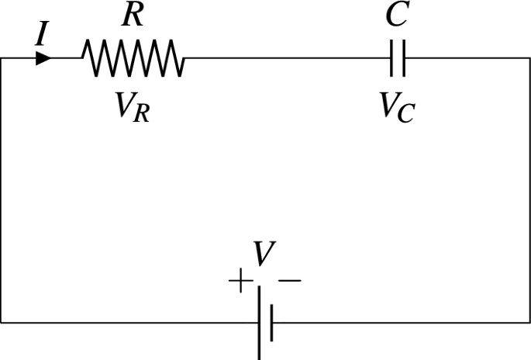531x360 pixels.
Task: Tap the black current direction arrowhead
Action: tap(43, 58)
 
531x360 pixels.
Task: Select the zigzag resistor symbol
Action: tap(133, 59)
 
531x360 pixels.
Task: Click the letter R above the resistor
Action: tap(133, 16)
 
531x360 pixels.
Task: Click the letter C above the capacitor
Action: tap(397, 16)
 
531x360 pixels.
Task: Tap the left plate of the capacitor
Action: tap(392, 59)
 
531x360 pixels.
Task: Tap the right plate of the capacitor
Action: tap(403, 59)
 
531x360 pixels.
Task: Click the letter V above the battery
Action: tap(264, 254)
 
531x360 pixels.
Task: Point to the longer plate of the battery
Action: tap(259, 322)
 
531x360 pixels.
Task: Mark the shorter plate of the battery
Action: tap(271, 323)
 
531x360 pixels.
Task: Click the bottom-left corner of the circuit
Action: tap(2, 322)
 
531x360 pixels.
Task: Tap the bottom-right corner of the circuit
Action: tap(530, 322)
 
